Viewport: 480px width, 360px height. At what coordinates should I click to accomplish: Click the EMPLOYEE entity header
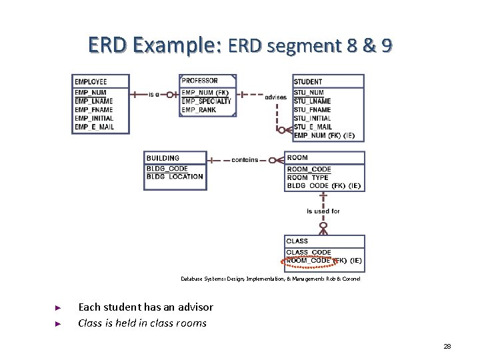tap(91, 82)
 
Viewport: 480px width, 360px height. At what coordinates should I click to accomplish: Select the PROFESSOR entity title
tap(199, 81)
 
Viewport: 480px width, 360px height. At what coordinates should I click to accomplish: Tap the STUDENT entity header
tap(308, 82)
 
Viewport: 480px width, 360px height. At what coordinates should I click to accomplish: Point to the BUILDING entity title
tap(163, 159)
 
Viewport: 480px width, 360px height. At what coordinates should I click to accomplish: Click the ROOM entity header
tap(297, 158)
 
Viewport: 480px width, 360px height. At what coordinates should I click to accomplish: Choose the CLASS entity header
tap(297, 241)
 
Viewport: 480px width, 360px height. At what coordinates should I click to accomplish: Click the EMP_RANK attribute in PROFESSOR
tap(199, 110)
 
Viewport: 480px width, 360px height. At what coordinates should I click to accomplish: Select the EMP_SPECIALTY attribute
tap(206, 101)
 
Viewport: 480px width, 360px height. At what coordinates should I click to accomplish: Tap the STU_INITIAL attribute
tap(312, 119)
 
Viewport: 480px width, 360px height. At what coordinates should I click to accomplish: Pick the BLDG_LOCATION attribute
tap(175, 177)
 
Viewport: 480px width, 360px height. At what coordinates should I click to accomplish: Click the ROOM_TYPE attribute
tap(308, 178)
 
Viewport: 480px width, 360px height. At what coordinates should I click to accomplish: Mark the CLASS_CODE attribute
tap(309, 253)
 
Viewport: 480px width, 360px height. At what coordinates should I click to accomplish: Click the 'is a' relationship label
tap(154, 95)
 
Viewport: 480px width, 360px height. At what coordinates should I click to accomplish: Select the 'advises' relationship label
tap(275, 97)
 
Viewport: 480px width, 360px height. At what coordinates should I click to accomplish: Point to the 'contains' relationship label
tap(245, 160)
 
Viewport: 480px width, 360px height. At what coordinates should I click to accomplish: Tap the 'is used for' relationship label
tap(323, 211)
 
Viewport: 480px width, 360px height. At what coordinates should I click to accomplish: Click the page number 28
tap(447, 347)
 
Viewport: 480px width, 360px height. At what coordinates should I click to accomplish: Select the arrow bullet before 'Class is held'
tap(58, 324)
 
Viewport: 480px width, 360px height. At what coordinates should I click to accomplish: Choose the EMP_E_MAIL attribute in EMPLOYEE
tap(94, 127)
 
